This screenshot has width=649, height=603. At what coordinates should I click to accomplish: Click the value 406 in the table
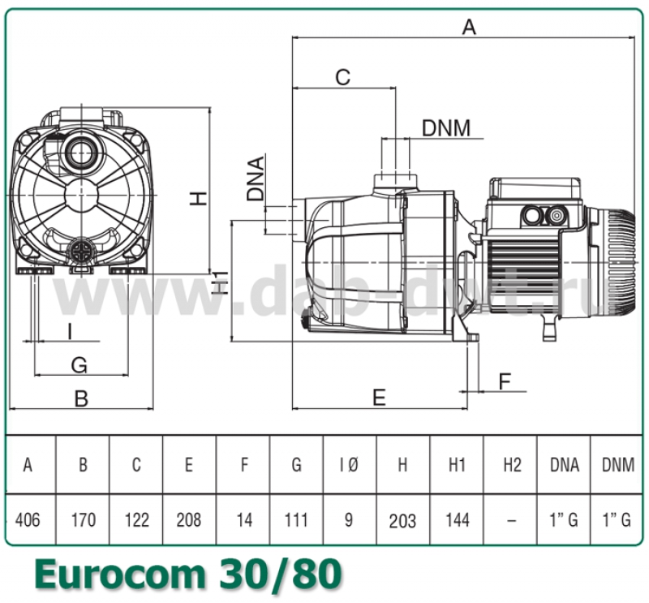(28, 519)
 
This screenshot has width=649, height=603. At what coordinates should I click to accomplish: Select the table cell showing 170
(83, 519)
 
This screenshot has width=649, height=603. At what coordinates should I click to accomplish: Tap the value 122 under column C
(136, 519)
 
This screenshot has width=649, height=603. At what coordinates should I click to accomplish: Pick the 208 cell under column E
(189, 519)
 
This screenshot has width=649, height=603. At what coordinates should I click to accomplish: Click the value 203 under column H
(402, 520)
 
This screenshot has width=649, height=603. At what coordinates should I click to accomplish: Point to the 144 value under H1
(457, 519)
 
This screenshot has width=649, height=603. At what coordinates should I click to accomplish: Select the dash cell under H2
(510, 520)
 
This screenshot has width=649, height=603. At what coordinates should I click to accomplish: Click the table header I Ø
(349, 465)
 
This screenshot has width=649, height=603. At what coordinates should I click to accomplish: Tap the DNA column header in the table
(564, 465)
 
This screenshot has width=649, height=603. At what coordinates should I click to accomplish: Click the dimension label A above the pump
(469, 27)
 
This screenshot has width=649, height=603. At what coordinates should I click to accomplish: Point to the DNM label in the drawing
(445, 127)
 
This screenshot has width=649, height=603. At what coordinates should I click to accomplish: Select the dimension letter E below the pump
(379, 396)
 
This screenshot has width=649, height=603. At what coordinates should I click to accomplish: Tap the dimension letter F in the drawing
(505, 380)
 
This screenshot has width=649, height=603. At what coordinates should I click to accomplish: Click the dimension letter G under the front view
(79, 364)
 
